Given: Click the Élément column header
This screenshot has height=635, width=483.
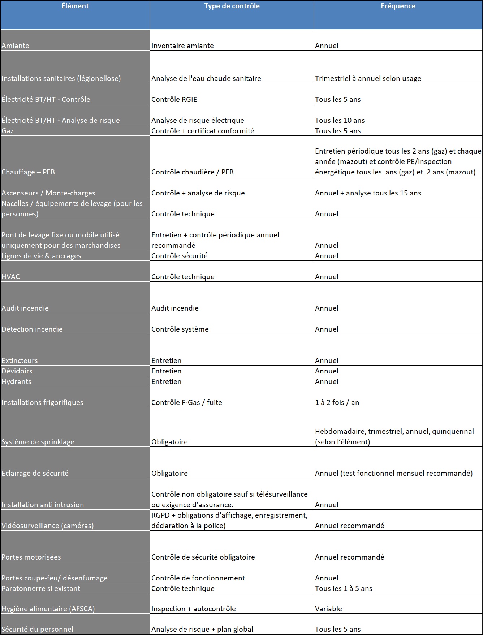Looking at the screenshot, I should pos(75,6).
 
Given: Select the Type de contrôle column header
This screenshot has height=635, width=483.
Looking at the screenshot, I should pos(232,6).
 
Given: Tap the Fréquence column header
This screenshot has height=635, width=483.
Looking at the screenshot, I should pos(398,6).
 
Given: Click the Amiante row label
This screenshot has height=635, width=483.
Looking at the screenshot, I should pos(16,46).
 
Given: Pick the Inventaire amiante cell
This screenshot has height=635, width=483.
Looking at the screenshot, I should pos(182,46).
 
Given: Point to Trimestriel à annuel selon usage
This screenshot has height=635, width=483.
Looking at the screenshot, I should pos(368,79).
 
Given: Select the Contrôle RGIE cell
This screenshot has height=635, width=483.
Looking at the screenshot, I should pos(174,100).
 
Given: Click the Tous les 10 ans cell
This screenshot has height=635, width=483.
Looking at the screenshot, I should pos(340,121).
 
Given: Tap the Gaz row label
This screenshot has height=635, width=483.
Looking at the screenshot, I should pos(8,131).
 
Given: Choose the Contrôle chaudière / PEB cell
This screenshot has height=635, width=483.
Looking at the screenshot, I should pos(192,172).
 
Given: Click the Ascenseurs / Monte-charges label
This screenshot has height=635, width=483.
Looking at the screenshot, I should pos(48,193).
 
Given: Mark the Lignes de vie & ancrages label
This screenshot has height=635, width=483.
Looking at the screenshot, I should pos(41,256).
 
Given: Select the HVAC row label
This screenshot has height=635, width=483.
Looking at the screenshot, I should pos(11,277).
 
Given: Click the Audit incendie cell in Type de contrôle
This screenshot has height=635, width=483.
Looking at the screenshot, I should pos(175,308).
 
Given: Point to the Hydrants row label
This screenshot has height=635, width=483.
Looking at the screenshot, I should pos(16,382).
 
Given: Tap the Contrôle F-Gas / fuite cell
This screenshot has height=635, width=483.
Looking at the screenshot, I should pos(186,403).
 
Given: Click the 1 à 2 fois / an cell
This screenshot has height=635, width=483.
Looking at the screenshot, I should pos(337,403).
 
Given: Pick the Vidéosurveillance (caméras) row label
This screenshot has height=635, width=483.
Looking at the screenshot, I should pos(47,526).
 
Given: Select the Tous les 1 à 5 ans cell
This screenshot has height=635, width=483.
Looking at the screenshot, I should pos(343,589).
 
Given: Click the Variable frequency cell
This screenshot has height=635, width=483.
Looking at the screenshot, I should pos(328,609).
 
